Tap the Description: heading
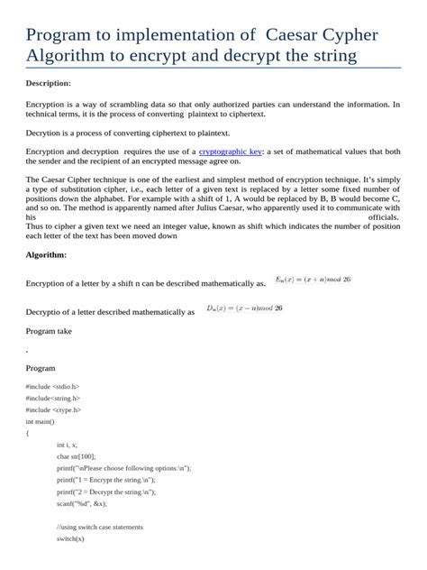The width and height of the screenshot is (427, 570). point(49,83)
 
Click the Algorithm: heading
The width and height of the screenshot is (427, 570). point(46,255)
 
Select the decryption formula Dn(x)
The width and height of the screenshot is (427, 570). point(244,308)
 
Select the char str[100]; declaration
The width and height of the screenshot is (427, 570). point(77,456)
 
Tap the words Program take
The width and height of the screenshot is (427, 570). point(49,331)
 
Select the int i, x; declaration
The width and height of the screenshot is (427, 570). point(67,445)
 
